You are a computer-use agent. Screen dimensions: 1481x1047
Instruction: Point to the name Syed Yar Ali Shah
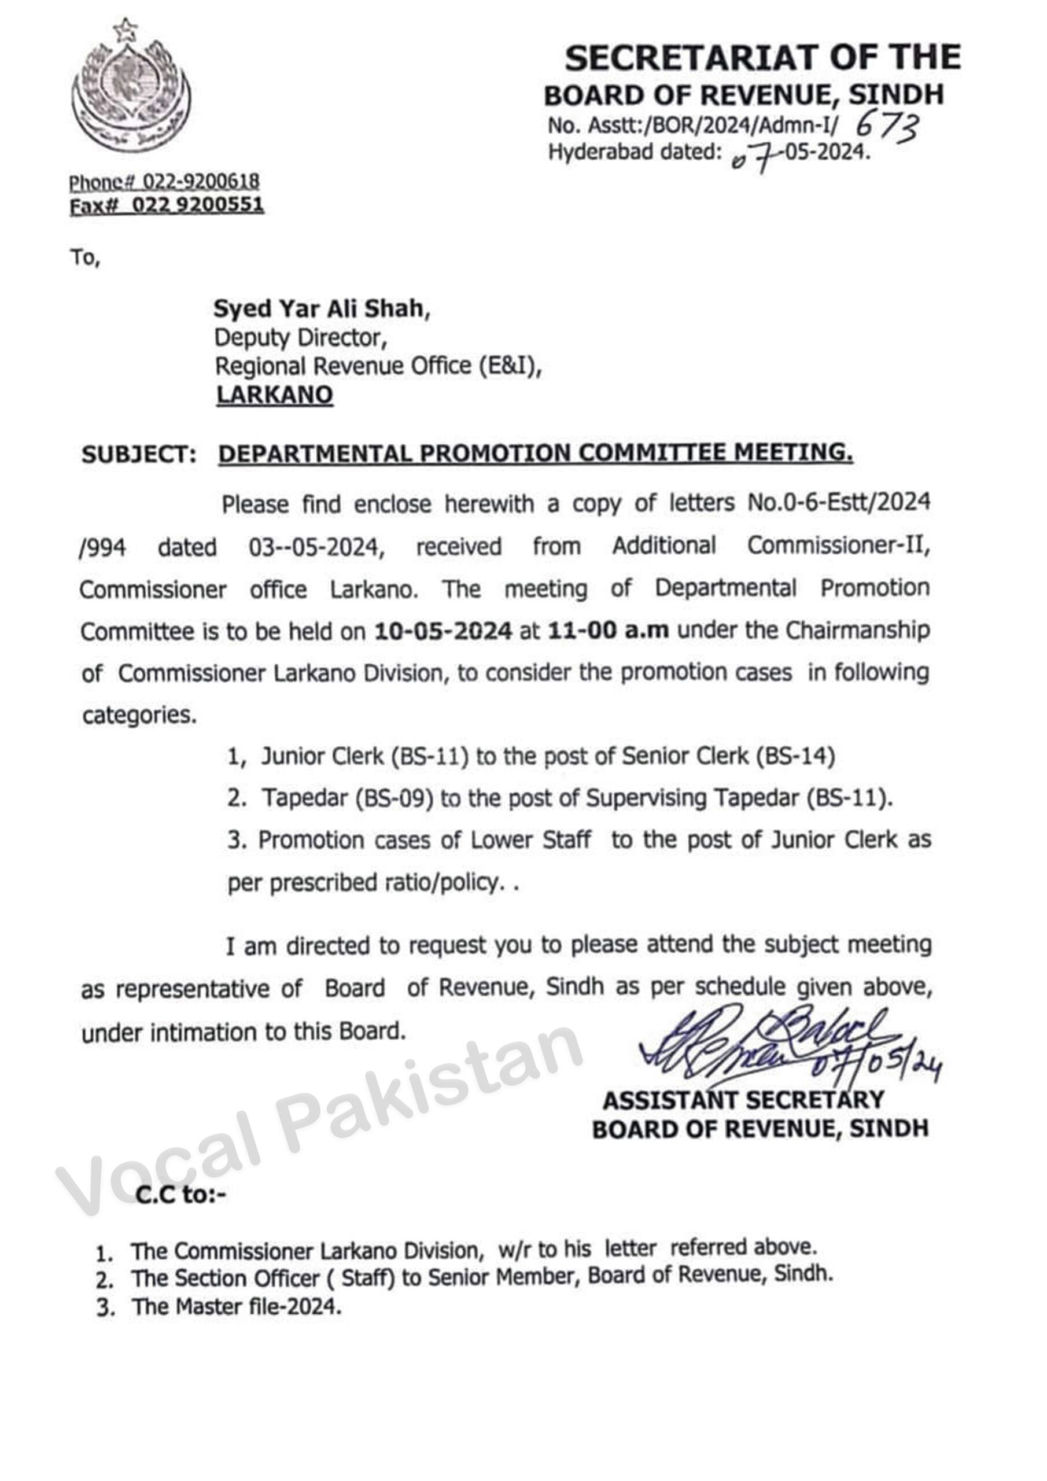coord(321,309)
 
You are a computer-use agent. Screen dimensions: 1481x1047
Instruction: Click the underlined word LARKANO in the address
coord(274,395)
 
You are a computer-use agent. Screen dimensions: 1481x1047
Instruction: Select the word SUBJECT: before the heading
coord(139,455)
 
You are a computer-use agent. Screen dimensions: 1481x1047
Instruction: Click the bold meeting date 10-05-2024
coord(443,630)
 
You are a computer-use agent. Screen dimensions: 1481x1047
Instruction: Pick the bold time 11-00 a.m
coord(608,630)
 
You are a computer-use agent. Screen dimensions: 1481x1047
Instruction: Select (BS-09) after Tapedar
coord(394,798)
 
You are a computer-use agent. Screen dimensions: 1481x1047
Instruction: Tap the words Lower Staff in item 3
coord(530,840)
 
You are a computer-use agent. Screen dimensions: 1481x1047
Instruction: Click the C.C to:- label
coord(180,1195)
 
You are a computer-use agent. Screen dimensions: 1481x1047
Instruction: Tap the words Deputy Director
coord(300,337)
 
